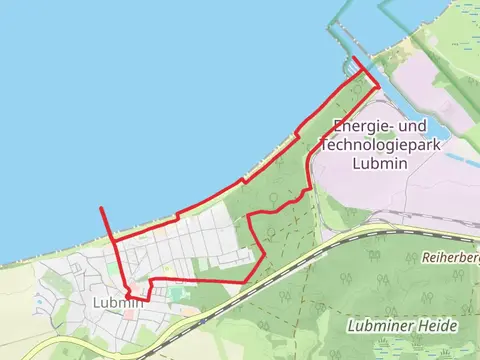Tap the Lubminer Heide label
click(x=403, y=326)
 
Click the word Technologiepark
click(x=366, y=146)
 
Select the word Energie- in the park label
click(x=358, y=128)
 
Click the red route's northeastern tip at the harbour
click(x=356, y=60)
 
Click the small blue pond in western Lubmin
click(x=39, y=297)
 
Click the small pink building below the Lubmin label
click(x=128, y=314)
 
